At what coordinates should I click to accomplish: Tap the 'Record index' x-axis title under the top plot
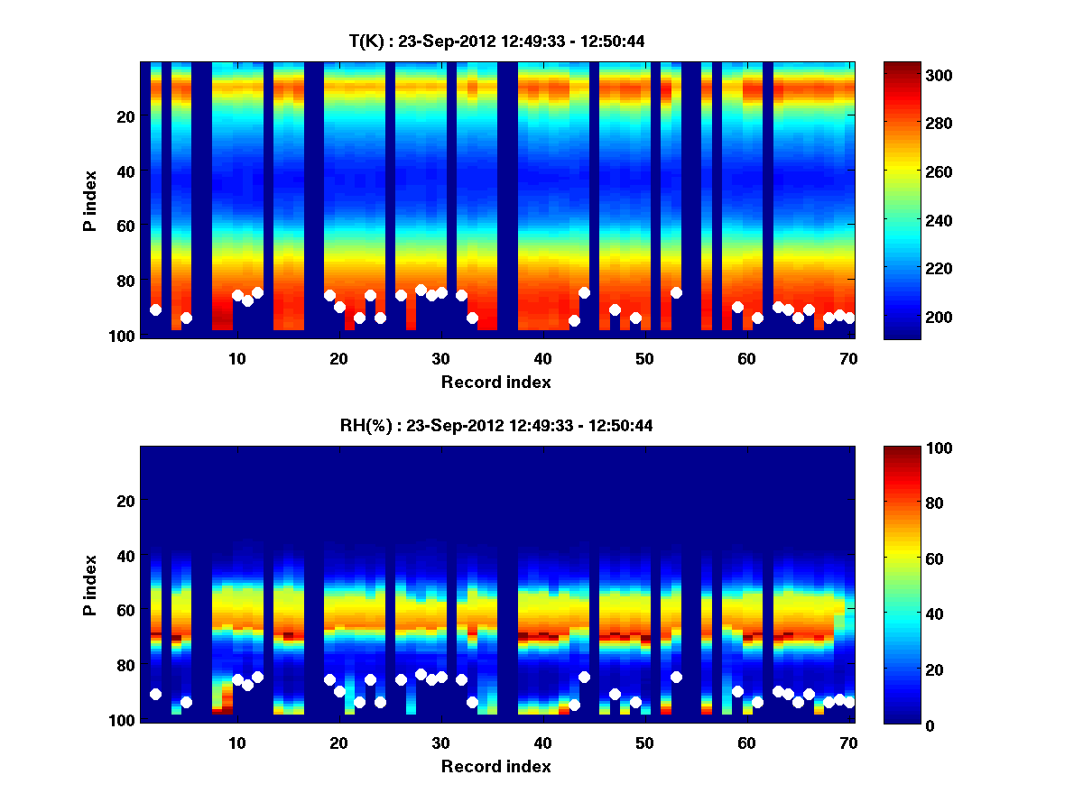496,383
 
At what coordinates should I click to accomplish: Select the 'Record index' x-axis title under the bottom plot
496,767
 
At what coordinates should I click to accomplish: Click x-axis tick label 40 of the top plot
542,358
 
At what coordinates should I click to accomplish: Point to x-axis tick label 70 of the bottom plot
848,743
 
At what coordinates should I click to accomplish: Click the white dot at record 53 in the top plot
676,292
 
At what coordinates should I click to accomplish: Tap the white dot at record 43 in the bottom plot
574,705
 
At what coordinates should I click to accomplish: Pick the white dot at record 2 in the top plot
155,309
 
